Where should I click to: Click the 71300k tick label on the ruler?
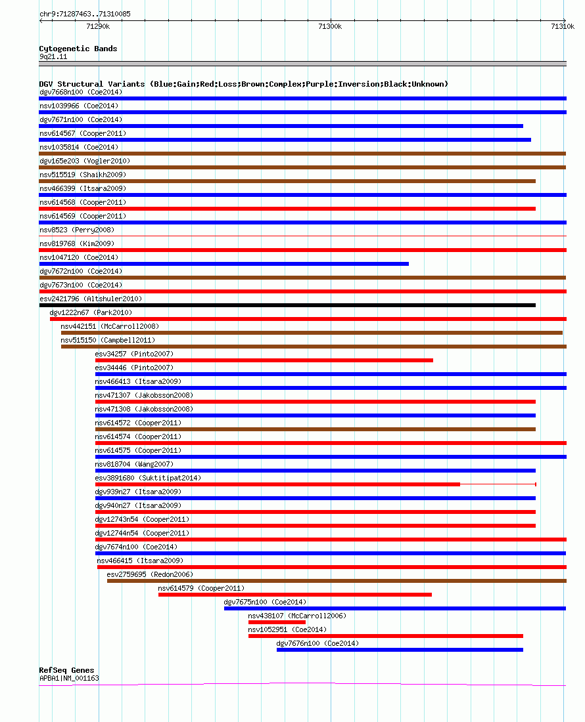[330, 27]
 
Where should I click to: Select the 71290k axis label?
[98, 27]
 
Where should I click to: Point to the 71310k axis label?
[563, 27]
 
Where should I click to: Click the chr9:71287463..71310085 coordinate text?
[85, 14]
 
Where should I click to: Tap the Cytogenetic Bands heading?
[78, 49]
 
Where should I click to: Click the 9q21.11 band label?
[53, 56]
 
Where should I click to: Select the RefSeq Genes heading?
[66, 670]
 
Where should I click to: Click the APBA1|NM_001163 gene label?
[69, 678]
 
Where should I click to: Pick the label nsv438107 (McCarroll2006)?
[297, 616]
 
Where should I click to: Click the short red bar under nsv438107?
[277, 622]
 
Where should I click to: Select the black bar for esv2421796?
[288, 305]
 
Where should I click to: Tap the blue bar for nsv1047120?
[224, 264]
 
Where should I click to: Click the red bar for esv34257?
[264, 360]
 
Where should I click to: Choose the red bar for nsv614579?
[295, 595]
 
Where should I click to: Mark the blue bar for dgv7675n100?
[395, 608]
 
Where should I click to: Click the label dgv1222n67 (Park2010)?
[91, 312]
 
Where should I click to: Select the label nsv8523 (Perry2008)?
[77, 230]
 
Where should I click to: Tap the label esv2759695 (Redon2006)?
[150, 575]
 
